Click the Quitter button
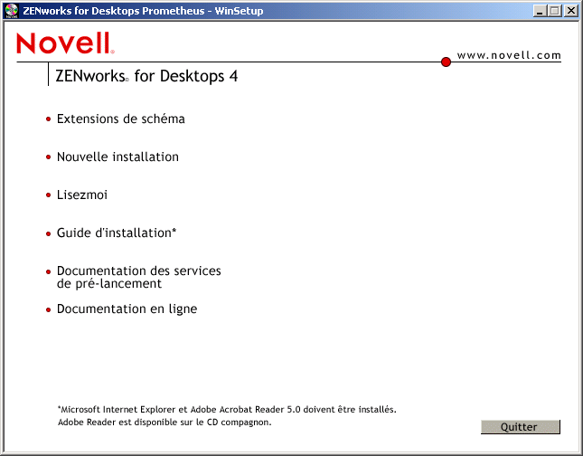[x=520, y=427]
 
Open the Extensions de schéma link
[x=120, y=119]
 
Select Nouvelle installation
[x=118, y=157]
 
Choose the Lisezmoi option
[x=82, y=195]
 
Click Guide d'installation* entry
[x=116, y=233]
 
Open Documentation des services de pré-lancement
[x=138, y=277]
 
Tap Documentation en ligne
[x=127, y=309]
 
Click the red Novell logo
[x=65, y=43]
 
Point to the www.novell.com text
[x=509, y=55]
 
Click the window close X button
[x=571, y=11]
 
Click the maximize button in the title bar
[x=556, y=11]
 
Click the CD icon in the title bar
[x=11, y=11]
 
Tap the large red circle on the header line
[x=446, y=62]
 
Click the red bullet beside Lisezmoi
[x=48, y=195]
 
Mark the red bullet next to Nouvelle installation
[x=48, y=157]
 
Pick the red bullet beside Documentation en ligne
[x=48, y=309]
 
